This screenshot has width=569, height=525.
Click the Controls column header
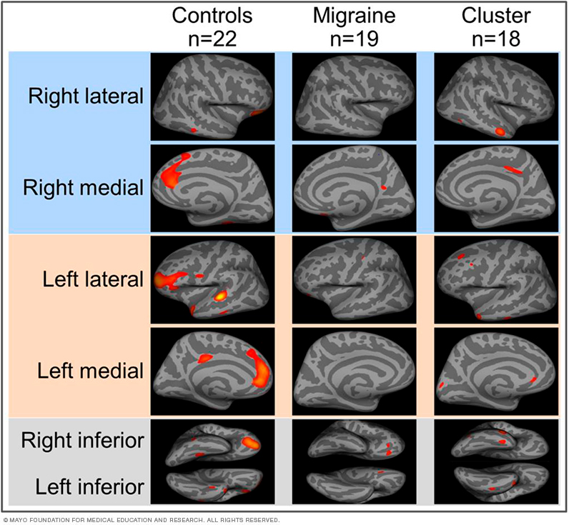(x=212, y=15)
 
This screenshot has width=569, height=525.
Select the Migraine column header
(x=355, y=15)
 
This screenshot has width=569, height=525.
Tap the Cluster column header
(x=496, y=15)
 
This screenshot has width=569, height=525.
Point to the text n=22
(x=212, y=39)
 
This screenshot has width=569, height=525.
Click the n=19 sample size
(x=355, y=39)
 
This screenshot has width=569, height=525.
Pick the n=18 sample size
(x=496, y=39)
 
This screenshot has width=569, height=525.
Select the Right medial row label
(x=84, y=188)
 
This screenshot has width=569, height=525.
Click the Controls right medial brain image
(x=212, y=187)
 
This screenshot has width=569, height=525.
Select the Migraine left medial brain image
(x=355, y=371)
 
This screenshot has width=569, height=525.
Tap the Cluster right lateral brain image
(x=496, y=96)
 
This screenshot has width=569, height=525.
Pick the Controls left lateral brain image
(x=212, y=279)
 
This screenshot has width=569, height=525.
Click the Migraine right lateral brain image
(x=355, y=96)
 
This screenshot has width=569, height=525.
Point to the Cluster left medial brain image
(x=496, y=371)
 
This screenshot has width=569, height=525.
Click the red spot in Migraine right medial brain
(x=383, y=187)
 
